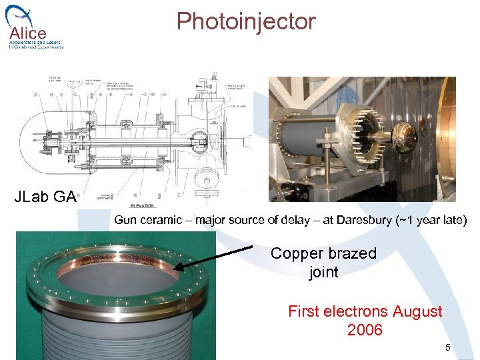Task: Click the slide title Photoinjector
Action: tap(245, 22)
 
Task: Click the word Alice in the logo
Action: tap(27, 33)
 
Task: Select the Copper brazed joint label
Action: tap(323, 263)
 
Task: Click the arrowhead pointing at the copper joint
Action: tap(178, 269)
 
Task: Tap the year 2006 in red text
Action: tap(365, 330)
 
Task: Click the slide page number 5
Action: tap(448, 347)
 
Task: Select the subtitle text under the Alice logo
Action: tap(36, 45)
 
